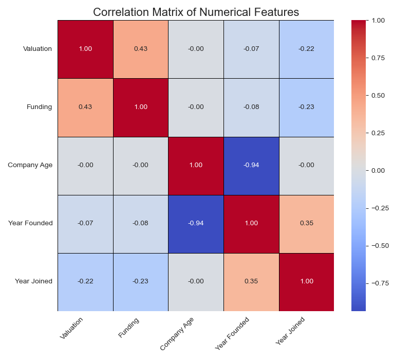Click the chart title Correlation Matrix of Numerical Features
click(196, 12)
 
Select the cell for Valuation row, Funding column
click(140, 49)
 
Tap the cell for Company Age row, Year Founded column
click(251, 165)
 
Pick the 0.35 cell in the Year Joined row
click(251, 281)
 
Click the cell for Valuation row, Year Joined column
click(307, 49)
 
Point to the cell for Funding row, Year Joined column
click(307, 107)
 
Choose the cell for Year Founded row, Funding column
click(140, 223)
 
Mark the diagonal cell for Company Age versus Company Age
click(196, 165)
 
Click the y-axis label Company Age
click(30, 165)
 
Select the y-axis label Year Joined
click(33, 281)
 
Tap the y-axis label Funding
click(39, 107)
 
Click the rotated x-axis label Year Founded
click(233, 333)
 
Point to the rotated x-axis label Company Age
click(178, 334)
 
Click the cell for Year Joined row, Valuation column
click(85, 281)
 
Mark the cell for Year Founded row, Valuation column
click(85, 223)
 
